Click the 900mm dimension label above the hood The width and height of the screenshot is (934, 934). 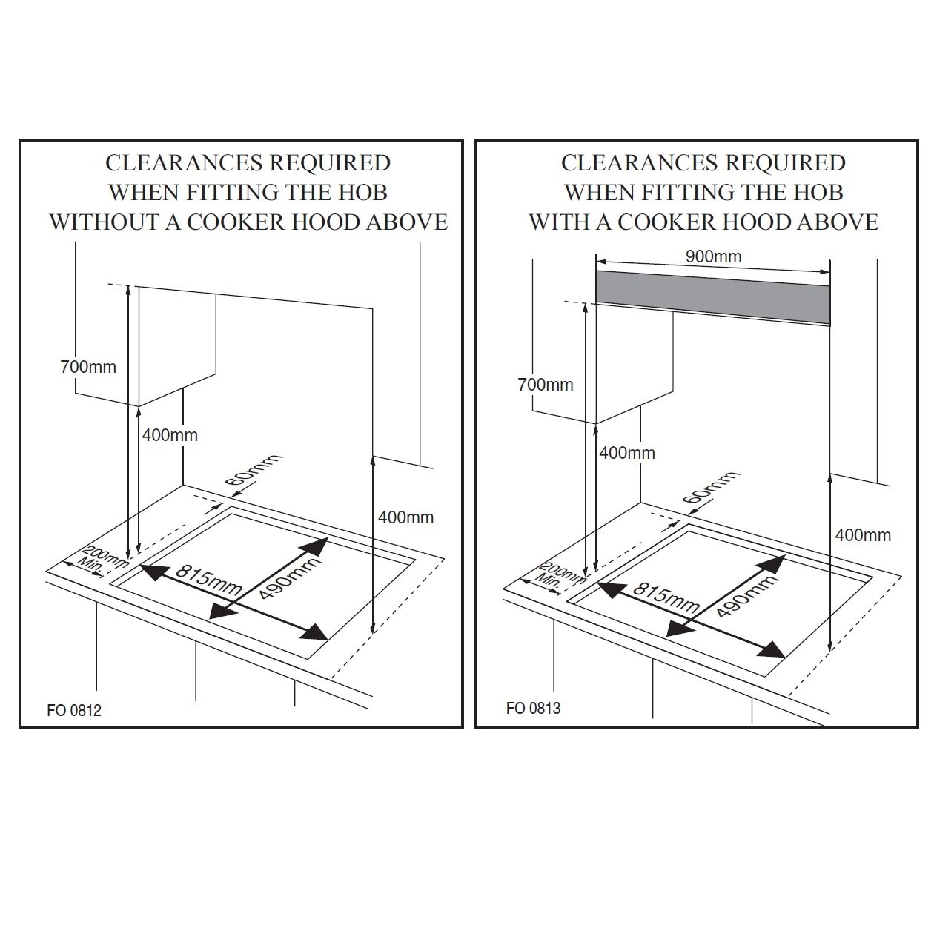pos(713,256)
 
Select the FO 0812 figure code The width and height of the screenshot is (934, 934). pos(74,710)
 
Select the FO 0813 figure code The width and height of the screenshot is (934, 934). pos(533,708)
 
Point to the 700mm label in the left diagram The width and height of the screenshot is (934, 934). pos(88,367)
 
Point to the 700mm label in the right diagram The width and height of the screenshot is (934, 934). pos(546,385)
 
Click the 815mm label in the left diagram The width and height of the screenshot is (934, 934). pos(208,580)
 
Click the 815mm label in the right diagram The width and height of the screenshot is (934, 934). pos(666,599)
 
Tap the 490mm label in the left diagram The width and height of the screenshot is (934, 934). pos(291,577)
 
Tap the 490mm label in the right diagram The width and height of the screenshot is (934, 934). pos(748,594)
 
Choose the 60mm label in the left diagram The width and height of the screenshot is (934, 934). pos(254,470)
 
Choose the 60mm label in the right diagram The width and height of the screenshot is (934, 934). pos(711,488)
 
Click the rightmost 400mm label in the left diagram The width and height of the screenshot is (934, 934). pos(405,517)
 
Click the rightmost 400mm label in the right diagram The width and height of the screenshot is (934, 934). pos(863,535)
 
